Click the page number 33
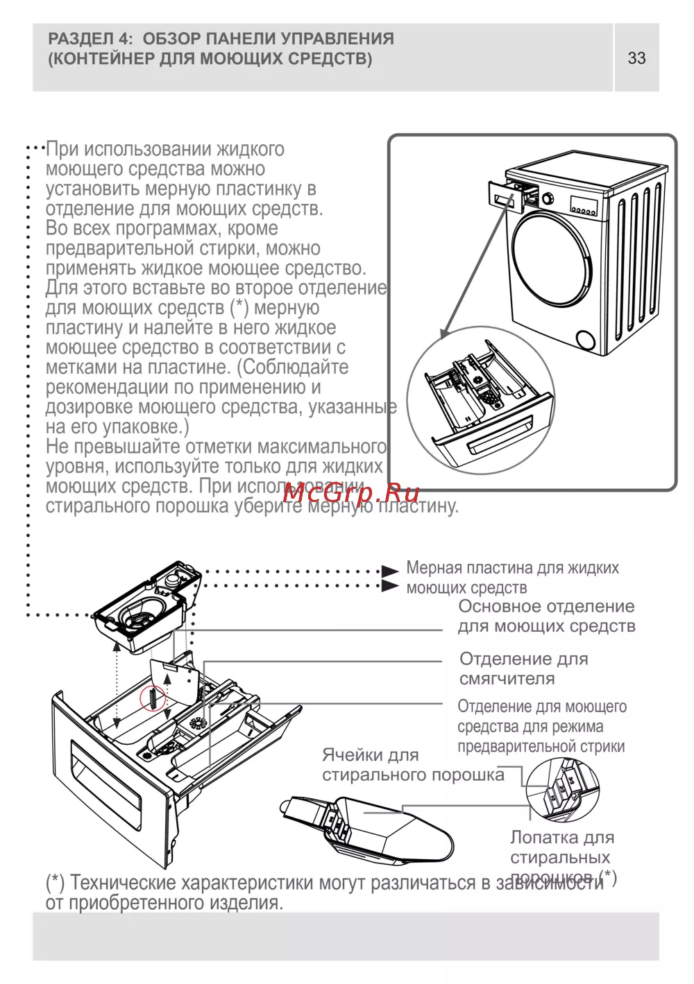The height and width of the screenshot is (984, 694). [636, 58]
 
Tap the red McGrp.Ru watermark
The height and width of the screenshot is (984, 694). [352, 494]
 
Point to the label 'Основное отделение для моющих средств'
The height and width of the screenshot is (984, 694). [546, 616]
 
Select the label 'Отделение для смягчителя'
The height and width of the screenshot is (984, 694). [523, 668]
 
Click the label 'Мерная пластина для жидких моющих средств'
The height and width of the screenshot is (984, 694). [512, 578]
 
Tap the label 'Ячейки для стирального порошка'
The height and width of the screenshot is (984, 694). [412, 765]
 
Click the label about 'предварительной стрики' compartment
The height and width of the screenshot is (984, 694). [541, 727]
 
